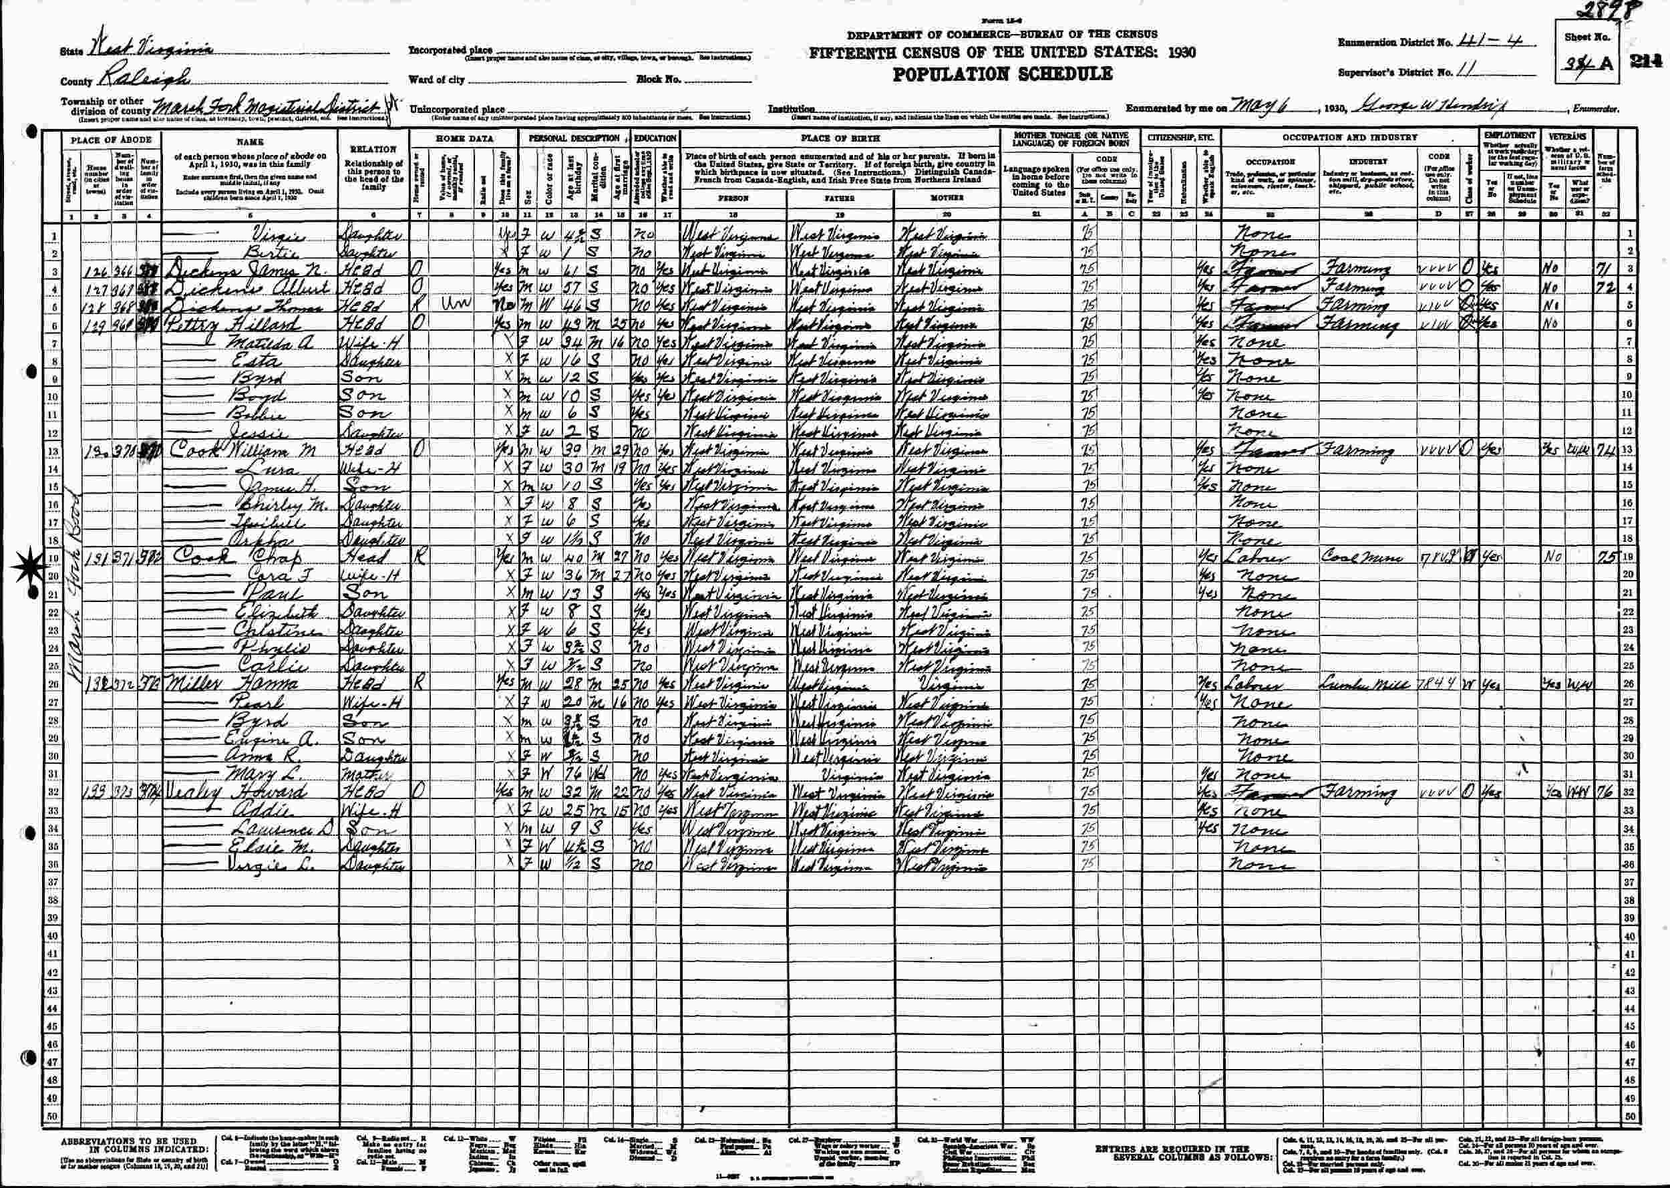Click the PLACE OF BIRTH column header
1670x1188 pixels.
click(x=841, y=138)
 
